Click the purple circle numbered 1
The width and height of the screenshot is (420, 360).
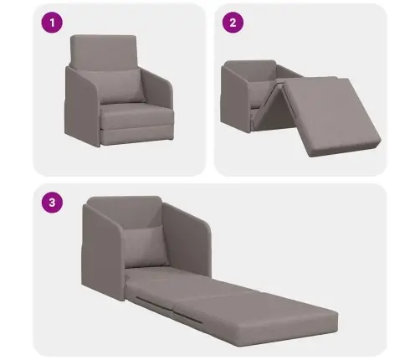tap(52, 23)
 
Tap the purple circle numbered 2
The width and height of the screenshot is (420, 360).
tap(233, 23)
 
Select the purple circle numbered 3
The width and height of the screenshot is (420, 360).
tap(52, 203)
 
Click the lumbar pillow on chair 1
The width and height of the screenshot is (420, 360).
tap(120, 86)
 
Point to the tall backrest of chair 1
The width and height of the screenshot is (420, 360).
tap(104, 52)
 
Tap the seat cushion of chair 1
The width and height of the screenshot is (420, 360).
tap(137, 115)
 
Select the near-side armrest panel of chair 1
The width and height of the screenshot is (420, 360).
tap(82, 107)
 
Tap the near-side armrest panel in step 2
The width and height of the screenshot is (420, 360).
tap(235, 98)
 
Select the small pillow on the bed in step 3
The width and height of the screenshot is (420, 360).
tap(146, 246)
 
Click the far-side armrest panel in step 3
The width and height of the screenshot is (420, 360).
tap(186, 240)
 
